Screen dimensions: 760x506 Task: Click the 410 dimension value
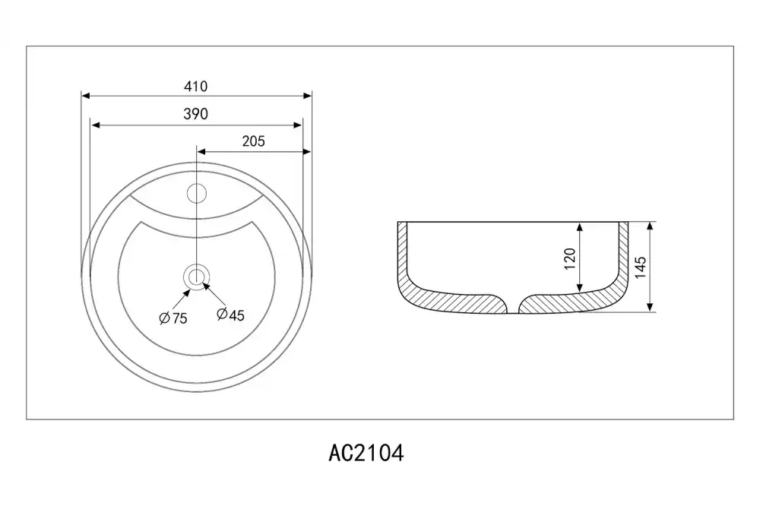pos(196,87)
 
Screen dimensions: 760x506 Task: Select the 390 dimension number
pos(196,114)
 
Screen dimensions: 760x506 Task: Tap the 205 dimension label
pos(254,141)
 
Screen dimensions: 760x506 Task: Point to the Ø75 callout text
pos(173,318)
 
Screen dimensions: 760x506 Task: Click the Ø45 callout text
pos(231,315)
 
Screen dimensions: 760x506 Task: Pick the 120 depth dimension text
pos(569,259)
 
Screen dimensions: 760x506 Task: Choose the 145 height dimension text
pos(640,267)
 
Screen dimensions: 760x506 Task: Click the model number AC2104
pos(366,454)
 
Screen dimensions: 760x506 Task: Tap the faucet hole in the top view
pos(197,194)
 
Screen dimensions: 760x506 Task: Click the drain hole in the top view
pos(196,277)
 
